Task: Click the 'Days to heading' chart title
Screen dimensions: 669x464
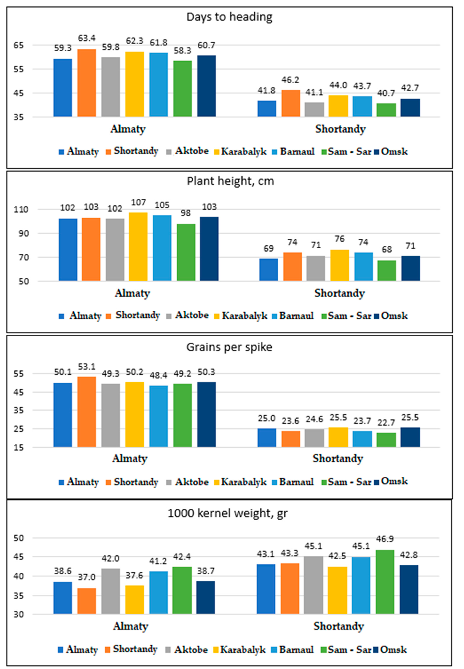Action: point(229,17)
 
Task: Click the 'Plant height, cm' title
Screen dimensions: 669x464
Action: point(230,181)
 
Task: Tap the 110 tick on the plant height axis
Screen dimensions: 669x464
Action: point(21,209)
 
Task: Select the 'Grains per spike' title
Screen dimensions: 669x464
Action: point(229,347)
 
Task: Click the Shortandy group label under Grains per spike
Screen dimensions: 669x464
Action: point(338,459)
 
